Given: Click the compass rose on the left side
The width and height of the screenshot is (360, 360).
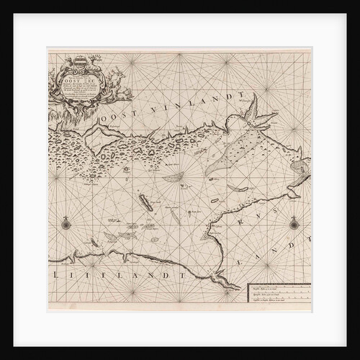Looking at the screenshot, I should tap(66, 224).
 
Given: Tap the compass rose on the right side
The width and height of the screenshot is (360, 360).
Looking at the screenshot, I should tap(294, 224).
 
